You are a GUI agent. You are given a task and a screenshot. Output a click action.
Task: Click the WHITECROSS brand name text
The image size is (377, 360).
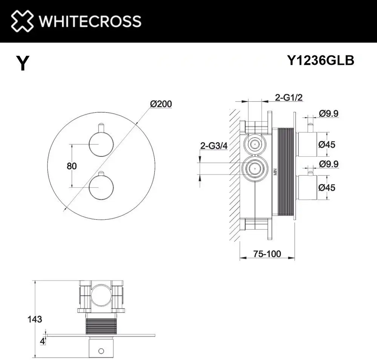(x=90, y=21)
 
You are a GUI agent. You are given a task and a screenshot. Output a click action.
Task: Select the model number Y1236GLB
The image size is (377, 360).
(x=320, y=60)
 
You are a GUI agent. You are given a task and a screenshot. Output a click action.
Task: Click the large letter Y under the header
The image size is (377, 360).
(x=23, y=63)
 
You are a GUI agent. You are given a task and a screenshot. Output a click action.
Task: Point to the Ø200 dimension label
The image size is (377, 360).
(x=161, y=104)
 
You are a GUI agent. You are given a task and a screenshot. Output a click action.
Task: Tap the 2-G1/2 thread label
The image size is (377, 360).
(x=289, y=98)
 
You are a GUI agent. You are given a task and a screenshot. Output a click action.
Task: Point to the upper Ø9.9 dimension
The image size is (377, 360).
(x=329, y=113)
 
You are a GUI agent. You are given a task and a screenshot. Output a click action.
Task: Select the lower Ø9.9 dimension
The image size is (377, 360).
(x=329, y=164)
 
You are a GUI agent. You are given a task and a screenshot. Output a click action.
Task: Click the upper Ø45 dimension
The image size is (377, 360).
(x=326, y=144)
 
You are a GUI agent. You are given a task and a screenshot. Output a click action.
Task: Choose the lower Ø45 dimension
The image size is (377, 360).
(x=326, y=187)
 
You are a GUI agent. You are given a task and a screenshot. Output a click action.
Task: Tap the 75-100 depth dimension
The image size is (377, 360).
(x=267, y=254)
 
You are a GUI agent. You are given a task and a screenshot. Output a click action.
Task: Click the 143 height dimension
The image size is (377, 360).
(x=35, y=319)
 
